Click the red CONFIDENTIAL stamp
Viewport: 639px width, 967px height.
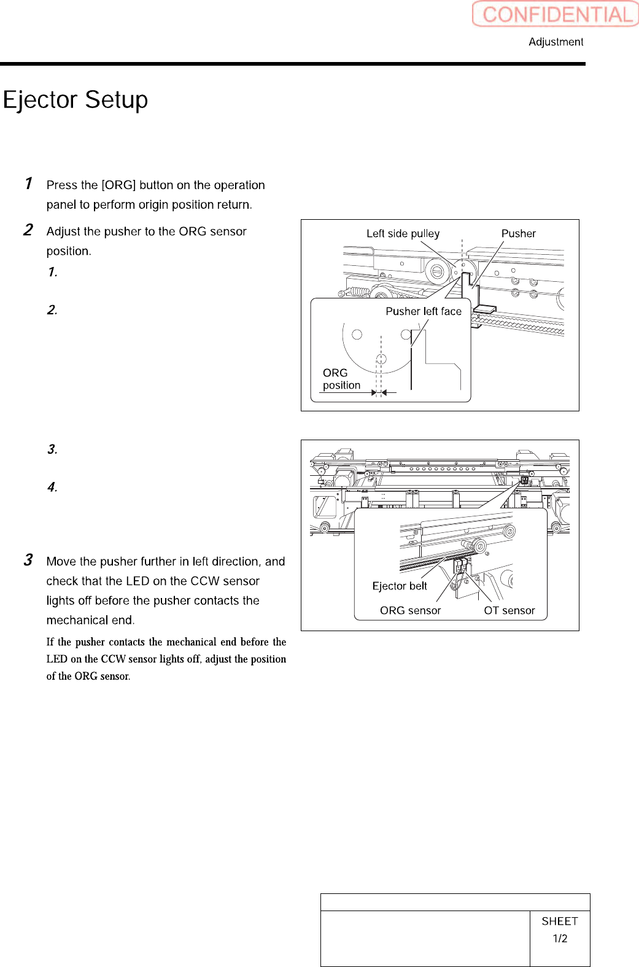pyautogui.click(x=556, y=14)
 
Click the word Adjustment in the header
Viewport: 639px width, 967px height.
pyautogui.click(x=556, y=42)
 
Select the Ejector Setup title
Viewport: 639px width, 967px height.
pyautogui.click(x=76, y=100)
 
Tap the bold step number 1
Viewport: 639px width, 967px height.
pyautogui.click(x=28, y=183)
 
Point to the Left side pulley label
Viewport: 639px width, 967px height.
pyautogui.click(x=403, y=233)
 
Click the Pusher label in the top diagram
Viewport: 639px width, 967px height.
pyautogui.click(x=518, y=233)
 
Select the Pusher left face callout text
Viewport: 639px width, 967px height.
pyautogui.click(x=424, y=311)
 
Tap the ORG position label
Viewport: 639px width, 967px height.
pyautogui.click(x=341, y=379)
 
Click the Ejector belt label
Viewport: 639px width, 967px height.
pyautogui.click(x=400, y=586)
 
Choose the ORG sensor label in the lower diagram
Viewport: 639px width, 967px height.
pyautogui.click(x=410, y=610)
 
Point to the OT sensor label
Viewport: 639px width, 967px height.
pyautogui.click(x=509, y=610)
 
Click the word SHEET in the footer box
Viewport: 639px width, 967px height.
pyautogui.click(x=560, y=921)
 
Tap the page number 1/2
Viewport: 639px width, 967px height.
pyautogui.click(x=560, y=939)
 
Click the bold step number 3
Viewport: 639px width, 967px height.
pyautogui.click(x=28, y=560)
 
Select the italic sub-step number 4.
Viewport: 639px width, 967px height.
pyautogui.click(x=52, y=487)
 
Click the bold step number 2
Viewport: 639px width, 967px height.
pyautogui.click(x=28, y=230)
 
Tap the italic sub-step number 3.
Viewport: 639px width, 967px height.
pyautogui.click(x=52, y=449)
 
